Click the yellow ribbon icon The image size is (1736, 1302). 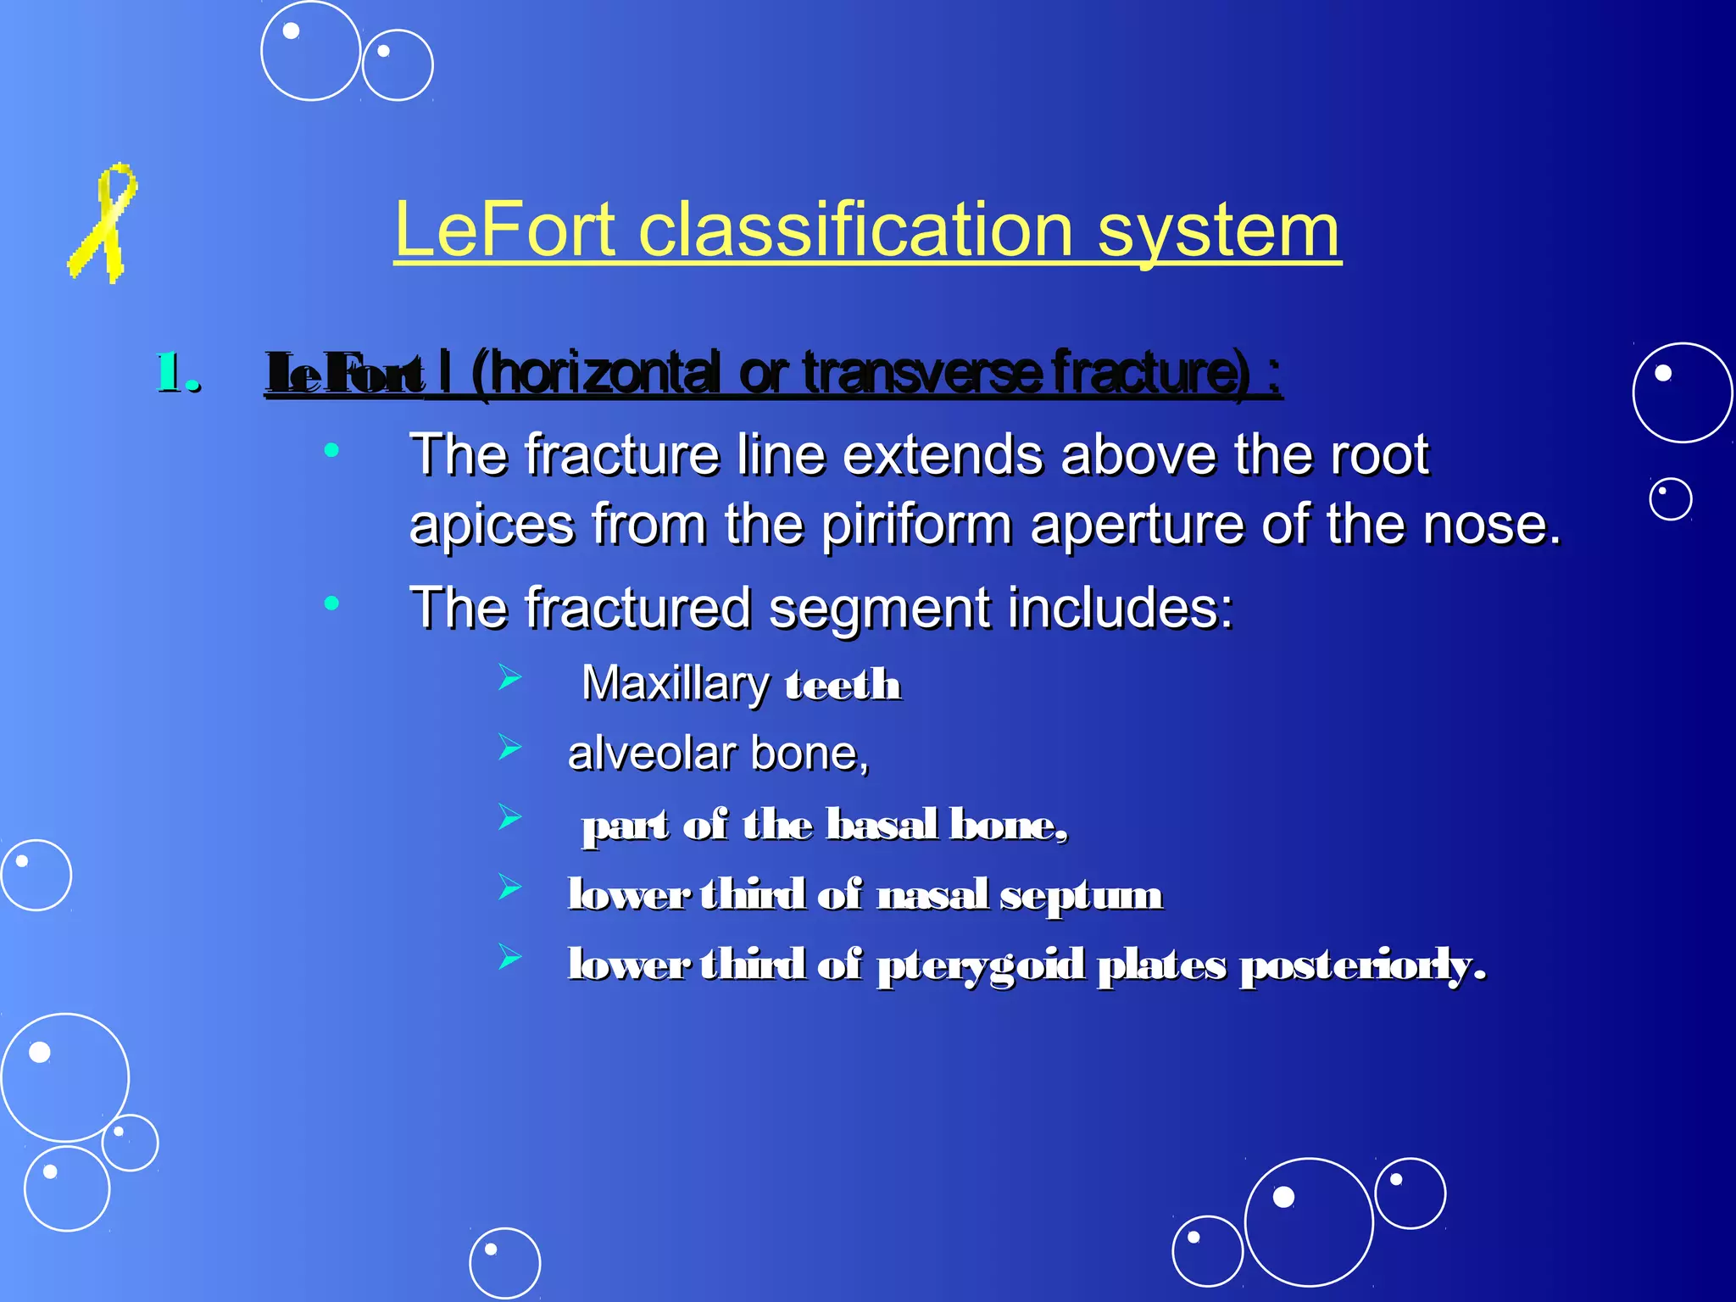coord(103,222)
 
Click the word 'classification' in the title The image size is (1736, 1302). coord(855,231)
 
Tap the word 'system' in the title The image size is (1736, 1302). coord(1218,231)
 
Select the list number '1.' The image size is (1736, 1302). coord(178,373)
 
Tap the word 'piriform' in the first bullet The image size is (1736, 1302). coord(916,525)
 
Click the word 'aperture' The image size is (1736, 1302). coord(1137,525)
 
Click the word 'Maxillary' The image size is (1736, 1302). coord(675,683)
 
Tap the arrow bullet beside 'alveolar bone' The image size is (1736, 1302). coord(509,748)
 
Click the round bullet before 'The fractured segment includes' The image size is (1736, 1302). coord(331,604)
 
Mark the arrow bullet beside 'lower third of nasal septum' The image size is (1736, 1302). coord(509,887)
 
